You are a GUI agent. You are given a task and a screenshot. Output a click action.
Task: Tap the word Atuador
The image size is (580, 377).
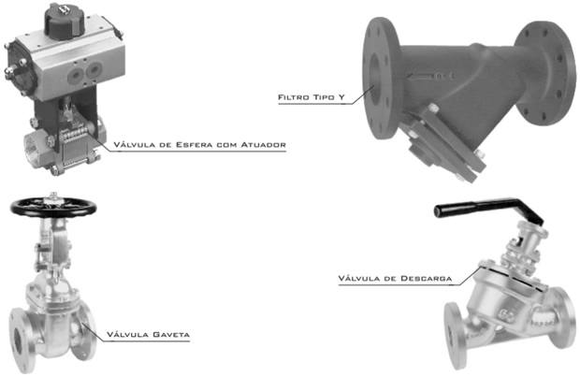(264, 145)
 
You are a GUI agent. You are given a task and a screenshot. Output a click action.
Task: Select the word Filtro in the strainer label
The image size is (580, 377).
(294, 97)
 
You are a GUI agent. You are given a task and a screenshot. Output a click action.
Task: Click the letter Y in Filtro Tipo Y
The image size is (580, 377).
(341, 97)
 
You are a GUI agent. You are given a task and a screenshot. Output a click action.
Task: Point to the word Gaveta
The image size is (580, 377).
(171, 335)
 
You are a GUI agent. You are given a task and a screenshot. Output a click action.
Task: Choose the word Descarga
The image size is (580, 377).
(427, 279)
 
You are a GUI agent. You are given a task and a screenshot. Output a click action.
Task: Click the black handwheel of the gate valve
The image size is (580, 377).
(53, 207)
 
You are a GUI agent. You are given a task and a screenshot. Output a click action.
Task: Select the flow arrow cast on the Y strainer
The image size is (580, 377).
(420, 78)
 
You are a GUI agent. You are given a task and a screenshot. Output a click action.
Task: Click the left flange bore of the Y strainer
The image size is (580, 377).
(375, 79)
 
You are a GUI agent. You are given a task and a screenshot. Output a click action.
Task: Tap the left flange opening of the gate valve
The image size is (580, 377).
(18, 341)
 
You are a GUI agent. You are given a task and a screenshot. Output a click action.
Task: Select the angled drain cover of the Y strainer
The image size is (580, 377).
(443, 148)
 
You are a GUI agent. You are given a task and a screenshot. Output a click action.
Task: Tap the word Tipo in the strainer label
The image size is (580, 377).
(324, 97)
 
